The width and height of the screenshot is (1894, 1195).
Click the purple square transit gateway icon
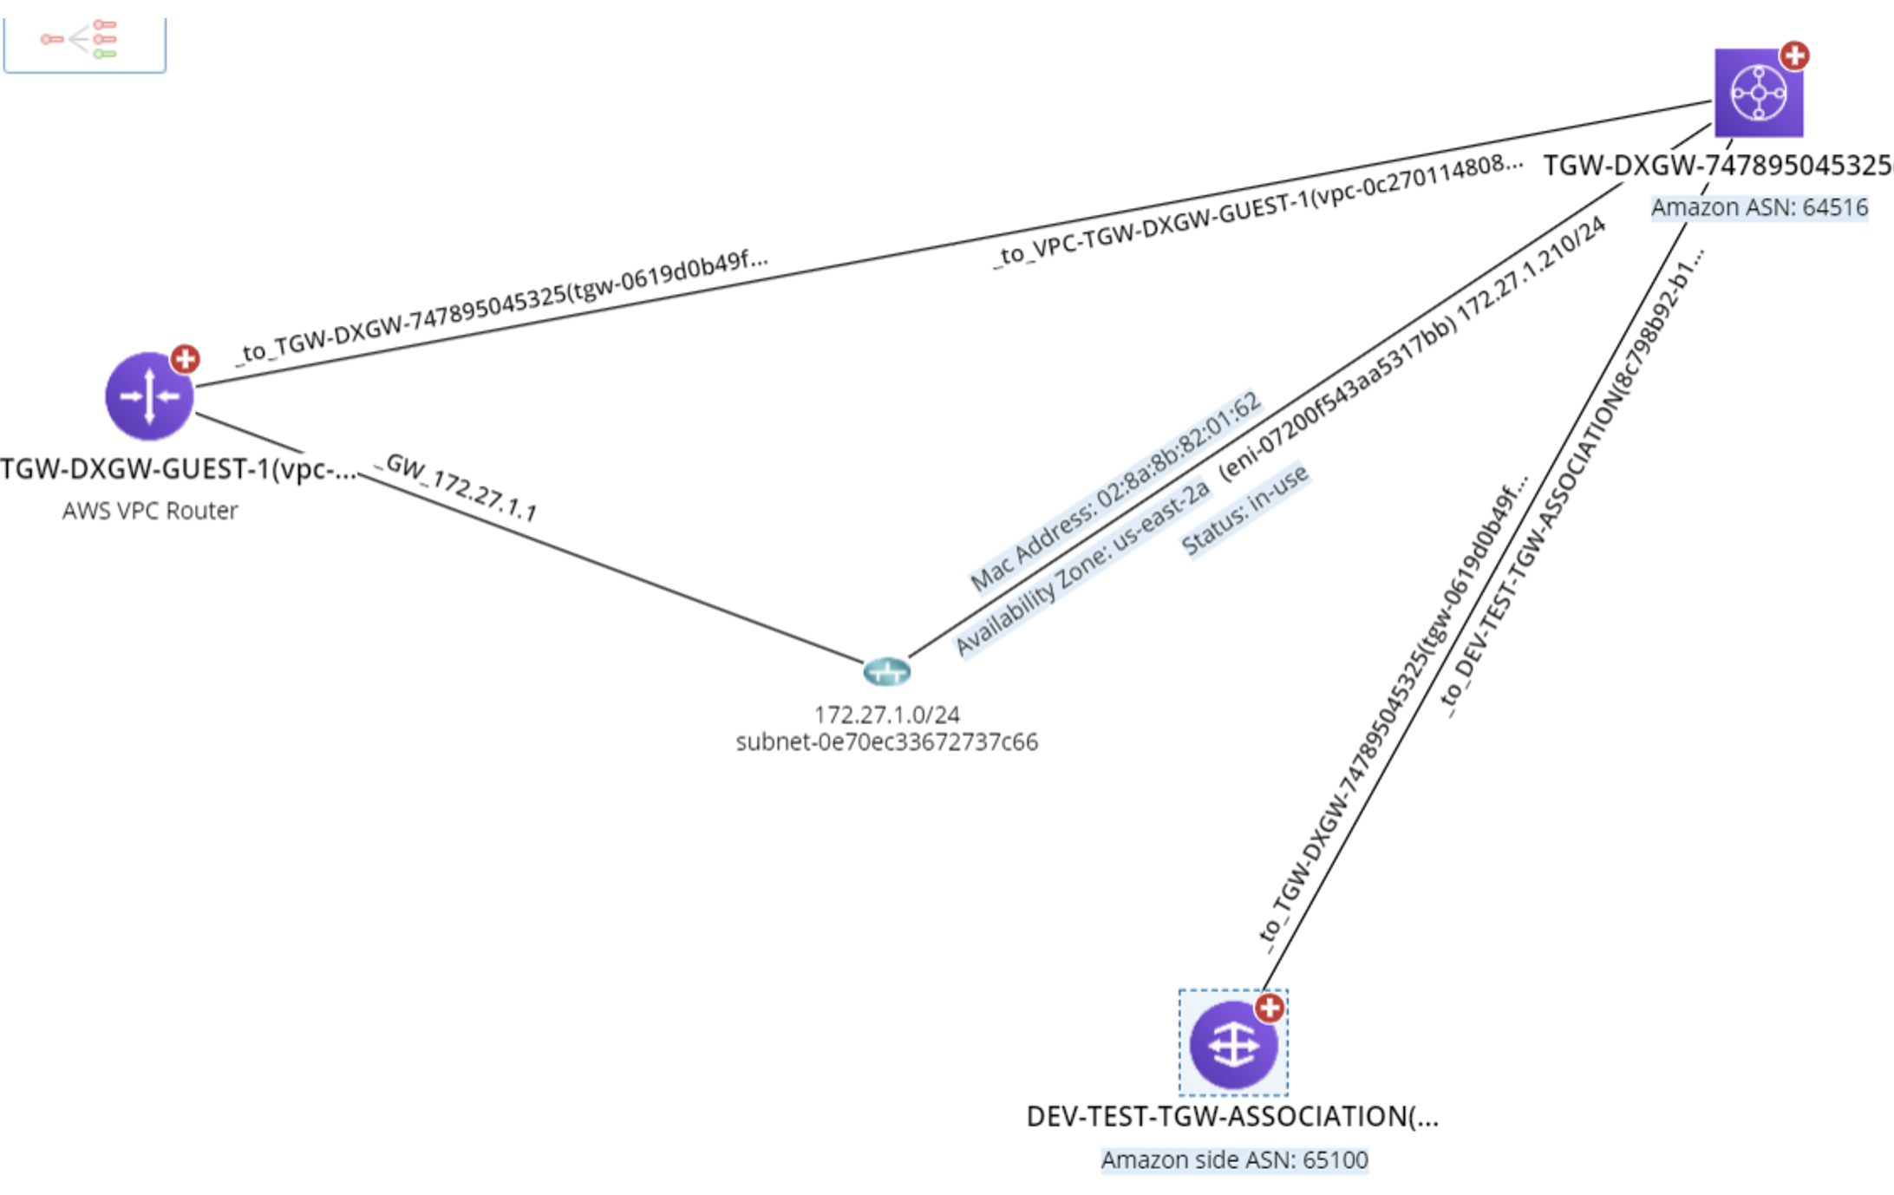pyautogui.click(x=1758, y=92)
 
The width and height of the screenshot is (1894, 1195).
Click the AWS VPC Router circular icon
pyautogui.click(x=149, y=396)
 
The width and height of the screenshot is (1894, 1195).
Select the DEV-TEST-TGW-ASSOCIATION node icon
pyautogui.click(x=1233, y=1044)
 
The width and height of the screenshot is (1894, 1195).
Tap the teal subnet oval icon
pyautogui.click(x=886, y=671)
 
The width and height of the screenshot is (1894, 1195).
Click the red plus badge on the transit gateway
pyautogui.click(x=1794, y=56)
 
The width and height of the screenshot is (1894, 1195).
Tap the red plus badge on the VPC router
pyautogui.click(x=185, y=358)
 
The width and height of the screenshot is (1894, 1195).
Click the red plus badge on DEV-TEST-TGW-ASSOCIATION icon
pyautogui.click(x=1270, y=1008)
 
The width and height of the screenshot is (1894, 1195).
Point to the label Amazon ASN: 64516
pyautogui.click(x=1759, y=207)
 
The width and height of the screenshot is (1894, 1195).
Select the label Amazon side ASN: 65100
pyautogui.click(x=1234, y=1159)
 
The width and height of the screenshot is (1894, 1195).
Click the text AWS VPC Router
pyautogui.click(x=149, y=511)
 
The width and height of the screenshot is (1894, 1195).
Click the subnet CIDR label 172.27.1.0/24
pyautogui.click(x=886, y=715)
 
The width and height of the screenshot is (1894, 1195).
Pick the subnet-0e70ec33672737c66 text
pyautogui.click(x=886, y=742)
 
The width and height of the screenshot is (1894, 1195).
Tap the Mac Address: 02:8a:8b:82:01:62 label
pyautogui.click(x=1115, y=491)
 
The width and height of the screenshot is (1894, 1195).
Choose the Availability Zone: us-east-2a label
pyautogui.click(x=1081, y=567)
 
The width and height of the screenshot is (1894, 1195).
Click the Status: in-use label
pyautogui.click(x=1244, y=509)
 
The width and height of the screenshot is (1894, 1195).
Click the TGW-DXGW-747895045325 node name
pyautogui.click(x=1717, y=166)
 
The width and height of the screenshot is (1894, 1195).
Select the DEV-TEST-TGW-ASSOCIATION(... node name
pyautogui.click(x=1232, y=1116)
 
